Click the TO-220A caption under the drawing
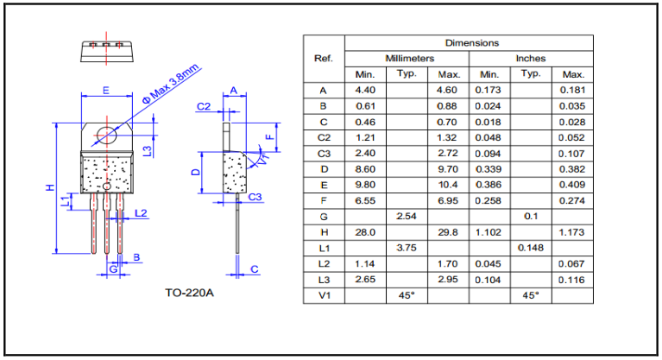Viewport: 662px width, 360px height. (190, 292)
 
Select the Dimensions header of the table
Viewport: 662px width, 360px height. (471, 42)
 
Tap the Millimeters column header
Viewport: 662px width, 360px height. (408, 58)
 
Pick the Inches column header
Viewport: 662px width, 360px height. (531, 58)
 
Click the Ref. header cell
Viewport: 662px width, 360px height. (324, 58)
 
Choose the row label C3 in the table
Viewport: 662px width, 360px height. (324, 153)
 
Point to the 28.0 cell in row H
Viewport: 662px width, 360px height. (365, 231)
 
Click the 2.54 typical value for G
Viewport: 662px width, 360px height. (407, 216)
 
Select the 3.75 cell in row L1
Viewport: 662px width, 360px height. (407, 248)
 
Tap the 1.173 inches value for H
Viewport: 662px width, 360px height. (573, 231)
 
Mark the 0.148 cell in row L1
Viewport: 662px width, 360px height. (531, 248)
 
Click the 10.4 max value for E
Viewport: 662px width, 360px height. (449, 185)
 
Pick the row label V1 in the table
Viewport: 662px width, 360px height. (324, 295)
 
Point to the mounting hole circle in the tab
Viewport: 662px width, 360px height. (106, 136)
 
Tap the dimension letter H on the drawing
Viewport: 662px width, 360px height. (51, 187)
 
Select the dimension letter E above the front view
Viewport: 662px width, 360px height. (105, 90)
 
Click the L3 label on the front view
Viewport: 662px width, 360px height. (148, 150)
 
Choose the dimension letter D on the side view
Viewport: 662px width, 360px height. (196, 172)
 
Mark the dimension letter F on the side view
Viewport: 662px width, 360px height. (268, 136)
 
